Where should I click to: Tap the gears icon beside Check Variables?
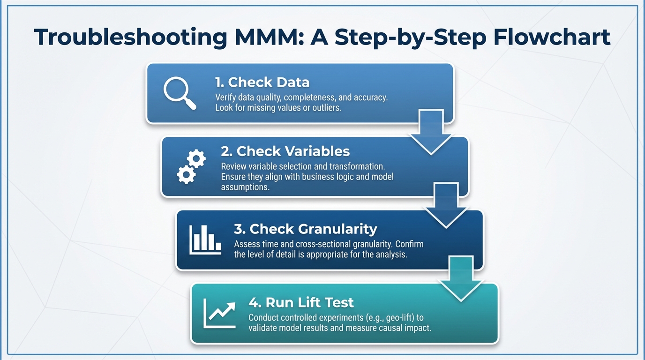191,167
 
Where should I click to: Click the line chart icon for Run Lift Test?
219,313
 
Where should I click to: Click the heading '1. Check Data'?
262,82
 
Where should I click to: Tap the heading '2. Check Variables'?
285,151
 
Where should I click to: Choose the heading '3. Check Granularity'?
305,229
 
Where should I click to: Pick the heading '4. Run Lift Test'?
301,302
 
